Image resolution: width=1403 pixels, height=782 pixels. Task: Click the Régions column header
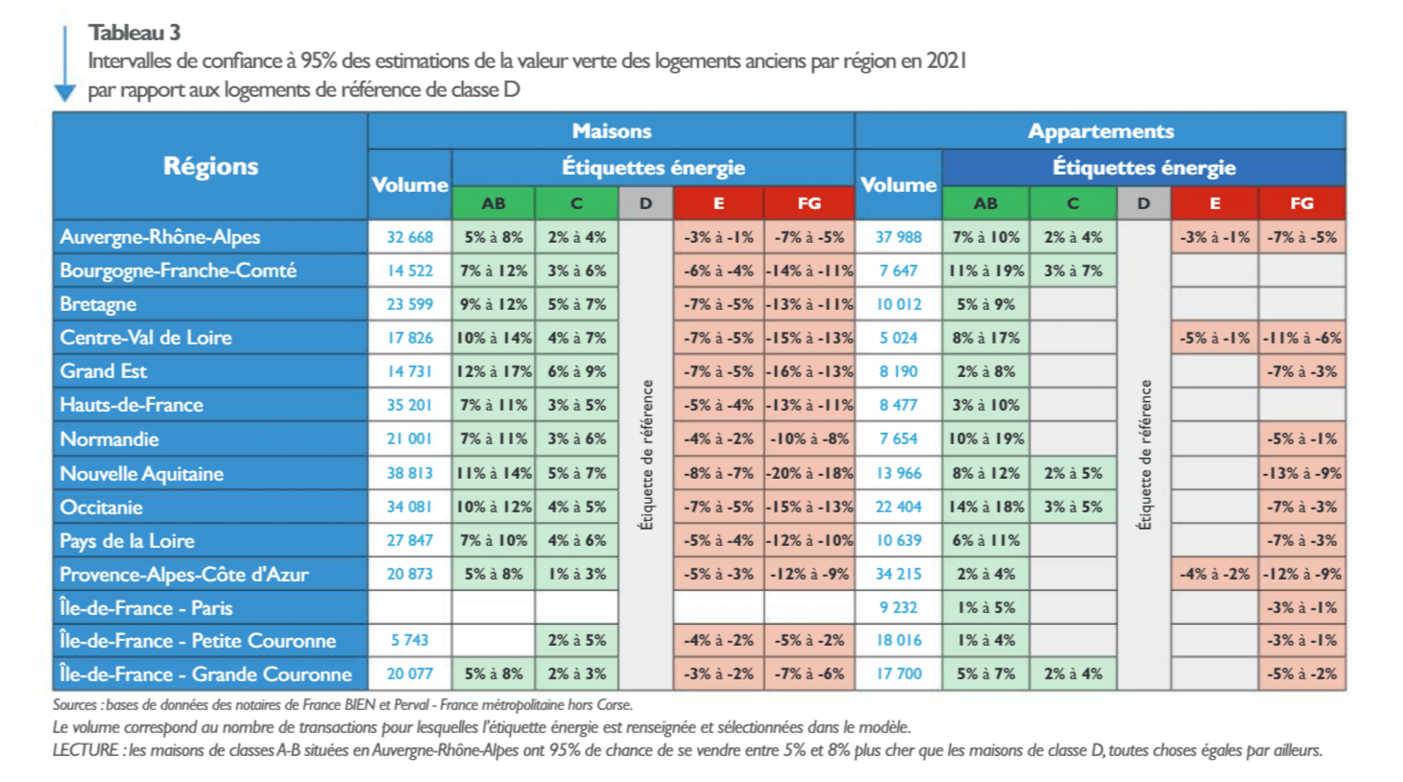(x=210, y=166)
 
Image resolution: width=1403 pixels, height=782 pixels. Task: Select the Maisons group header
(x=611, y=131)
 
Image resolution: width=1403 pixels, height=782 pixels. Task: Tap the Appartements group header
(x=1100, y=131)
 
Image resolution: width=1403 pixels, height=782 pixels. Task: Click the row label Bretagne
(x=98, y=304)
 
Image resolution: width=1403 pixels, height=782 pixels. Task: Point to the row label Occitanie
(x=101, y=507)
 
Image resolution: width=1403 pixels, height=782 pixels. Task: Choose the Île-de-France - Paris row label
(x=146, y=607)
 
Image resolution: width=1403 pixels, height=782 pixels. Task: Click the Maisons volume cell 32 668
(x=410, y=237)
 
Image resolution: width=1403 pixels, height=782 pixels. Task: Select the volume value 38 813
(x=410, y=473)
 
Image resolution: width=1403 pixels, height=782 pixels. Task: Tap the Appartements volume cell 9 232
(x=898, y=607)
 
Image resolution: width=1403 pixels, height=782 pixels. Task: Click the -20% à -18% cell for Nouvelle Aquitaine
(x=809, y=473)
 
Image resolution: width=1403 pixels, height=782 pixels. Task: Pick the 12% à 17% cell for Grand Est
(x=494, y=371)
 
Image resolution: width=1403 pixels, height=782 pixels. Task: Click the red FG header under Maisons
(x=809, y=203)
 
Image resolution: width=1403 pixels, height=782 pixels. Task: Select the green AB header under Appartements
(x=985, y=203)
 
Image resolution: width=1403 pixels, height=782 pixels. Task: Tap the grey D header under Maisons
(x=645, y=203)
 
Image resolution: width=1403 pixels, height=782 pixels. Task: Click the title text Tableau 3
(x=134, y=33)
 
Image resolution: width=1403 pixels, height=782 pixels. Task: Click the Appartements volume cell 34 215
(x=898, y=574)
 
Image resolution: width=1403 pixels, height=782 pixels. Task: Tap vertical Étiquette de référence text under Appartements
(x=1143, y=456)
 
